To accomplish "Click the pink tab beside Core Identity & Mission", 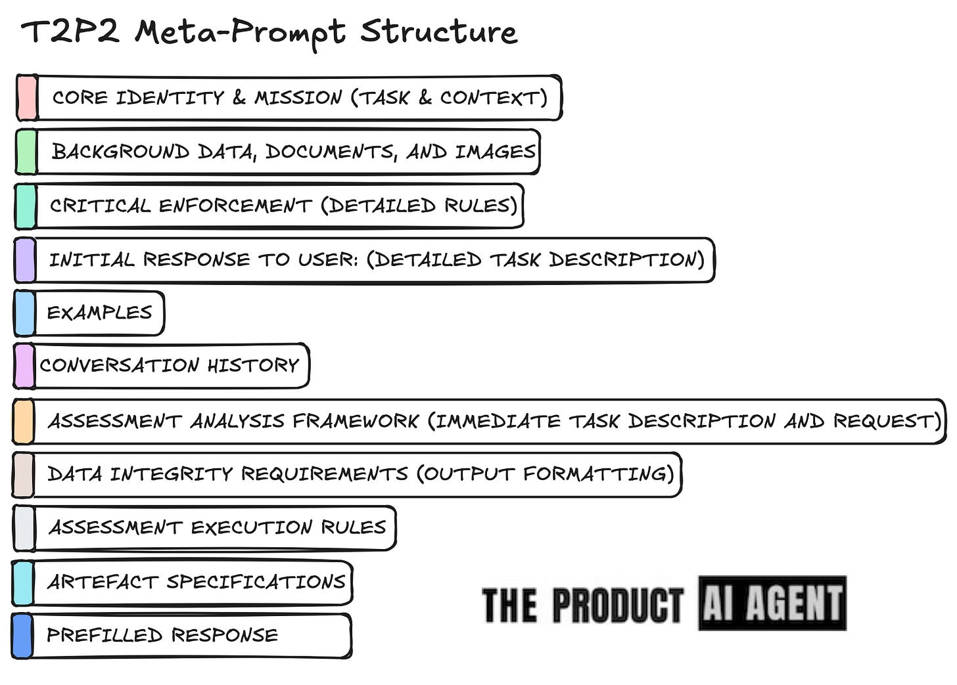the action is [27, 98].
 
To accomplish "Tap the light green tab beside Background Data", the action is [26, 152].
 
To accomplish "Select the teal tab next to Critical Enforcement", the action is [25, 206].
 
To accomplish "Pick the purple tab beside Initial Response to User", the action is [24, 260].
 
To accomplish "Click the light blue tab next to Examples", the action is [24, 313].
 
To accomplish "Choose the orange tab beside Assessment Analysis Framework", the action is [23, 421].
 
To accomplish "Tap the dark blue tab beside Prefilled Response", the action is [22, 636].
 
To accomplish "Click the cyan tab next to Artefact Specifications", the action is [22, 583].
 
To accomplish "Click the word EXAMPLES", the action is [99, 313].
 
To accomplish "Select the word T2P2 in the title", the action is [70, 32].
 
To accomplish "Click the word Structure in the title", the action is [438, 32].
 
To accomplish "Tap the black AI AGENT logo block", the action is [772, 603].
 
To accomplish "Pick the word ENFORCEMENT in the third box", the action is [235, 206].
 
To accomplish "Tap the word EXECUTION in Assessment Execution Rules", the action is [251, 527].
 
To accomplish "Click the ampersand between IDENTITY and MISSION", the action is [239, 98].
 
